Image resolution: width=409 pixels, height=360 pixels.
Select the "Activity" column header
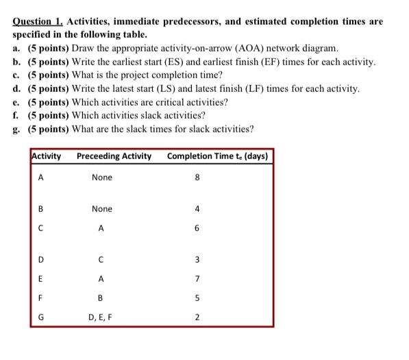click(47, 156)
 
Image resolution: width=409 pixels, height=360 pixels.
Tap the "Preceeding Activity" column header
click(114, 156)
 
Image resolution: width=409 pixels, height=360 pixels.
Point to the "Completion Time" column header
click(217, 156)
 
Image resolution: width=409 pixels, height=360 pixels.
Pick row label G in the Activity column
click(40, 317)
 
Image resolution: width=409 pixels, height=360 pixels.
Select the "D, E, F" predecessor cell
click(101, 317)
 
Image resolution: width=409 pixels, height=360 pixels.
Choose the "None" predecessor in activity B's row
click(101, 208)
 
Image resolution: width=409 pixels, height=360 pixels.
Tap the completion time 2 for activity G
click(197, 317)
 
